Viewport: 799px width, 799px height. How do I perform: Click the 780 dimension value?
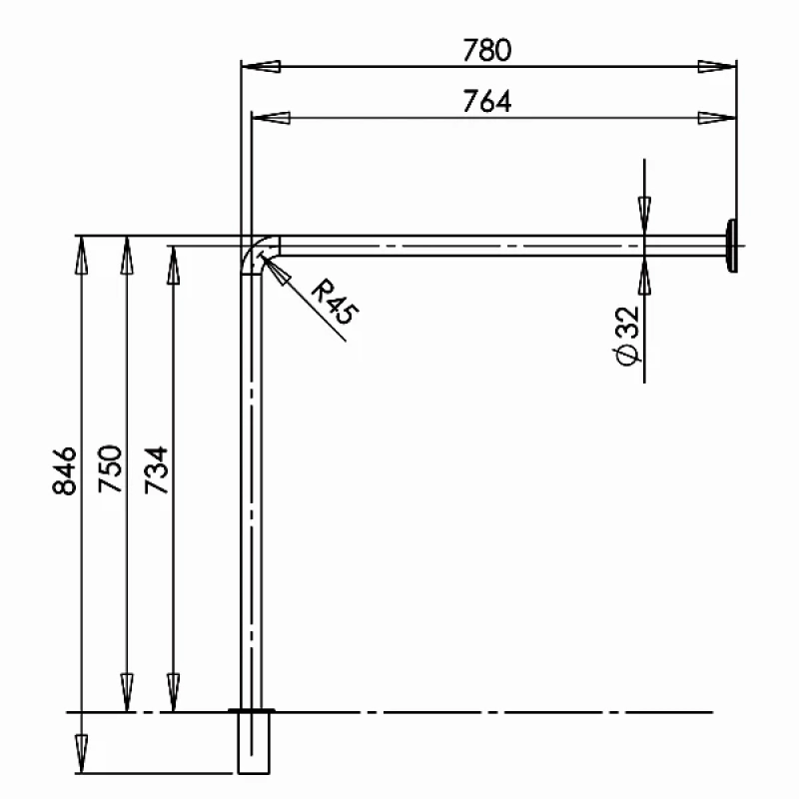coord(486,49)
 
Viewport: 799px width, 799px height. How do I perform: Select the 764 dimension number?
coord(486,101)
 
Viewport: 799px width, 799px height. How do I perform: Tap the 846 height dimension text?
coord(64,470)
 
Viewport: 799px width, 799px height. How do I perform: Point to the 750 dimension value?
coord(110,468)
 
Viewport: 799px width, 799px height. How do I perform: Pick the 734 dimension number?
coord(156,469)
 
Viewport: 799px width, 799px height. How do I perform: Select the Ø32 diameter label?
coord(627,336)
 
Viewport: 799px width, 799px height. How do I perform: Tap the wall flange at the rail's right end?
coord(732,246)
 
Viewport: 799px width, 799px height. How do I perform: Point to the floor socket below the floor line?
coord(254,742)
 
